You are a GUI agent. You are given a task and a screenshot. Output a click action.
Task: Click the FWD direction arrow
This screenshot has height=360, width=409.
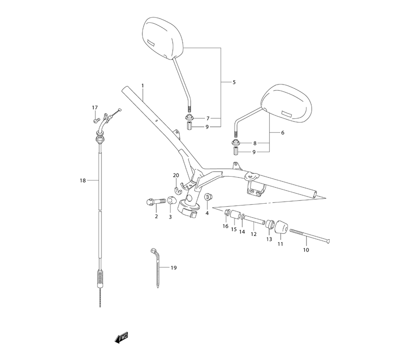click(x=121, y=337)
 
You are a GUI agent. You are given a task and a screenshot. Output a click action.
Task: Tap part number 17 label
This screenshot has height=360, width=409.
click(x=95, y=108)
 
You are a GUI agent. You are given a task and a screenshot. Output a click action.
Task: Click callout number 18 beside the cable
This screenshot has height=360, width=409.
click(x=83, y=180)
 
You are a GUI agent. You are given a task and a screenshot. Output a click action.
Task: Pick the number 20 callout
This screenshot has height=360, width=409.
click(x=176, y=175)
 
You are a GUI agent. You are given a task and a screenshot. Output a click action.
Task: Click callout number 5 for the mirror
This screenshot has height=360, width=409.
click(x=234, y=82)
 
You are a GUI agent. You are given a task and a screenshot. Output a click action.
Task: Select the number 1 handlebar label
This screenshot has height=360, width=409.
click(x=143, y=85)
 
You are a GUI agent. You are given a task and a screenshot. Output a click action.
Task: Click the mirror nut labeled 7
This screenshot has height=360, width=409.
click(x=190, y=119)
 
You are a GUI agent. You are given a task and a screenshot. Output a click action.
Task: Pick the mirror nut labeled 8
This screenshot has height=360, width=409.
click(x=236, y=143)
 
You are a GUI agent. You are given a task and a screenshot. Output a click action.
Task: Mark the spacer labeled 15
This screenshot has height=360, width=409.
click(x=235, y=216)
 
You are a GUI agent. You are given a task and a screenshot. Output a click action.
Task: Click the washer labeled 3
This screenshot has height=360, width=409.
click(x=171, y=201)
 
